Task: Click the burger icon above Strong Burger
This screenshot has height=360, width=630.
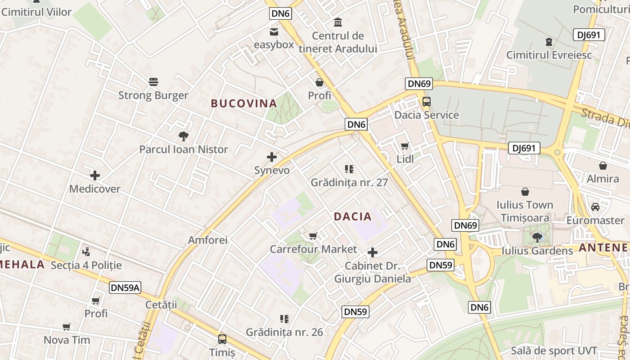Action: (x=153, y=82)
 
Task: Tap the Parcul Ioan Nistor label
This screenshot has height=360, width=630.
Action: (x=184, y=149)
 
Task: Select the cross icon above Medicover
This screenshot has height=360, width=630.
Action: (x=95, y=175)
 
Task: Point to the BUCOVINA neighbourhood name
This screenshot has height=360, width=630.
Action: (x=244, y=103)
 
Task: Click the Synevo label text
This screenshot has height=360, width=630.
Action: (x=272, y=171)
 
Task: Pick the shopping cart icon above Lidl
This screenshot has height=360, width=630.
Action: (x=405, y=146)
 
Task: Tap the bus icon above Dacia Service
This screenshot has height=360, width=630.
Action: (x=426, y=102)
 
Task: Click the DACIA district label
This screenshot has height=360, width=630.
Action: (x=353, y=216)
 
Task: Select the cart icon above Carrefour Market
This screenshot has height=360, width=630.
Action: (x=313, y=236)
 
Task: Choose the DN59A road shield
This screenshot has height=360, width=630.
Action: (x=125, y=288)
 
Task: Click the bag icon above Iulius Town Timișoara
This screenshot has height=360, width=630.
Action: (x=525, y=192)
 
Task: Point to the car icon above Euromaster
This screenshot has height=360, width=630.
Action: (x=595, y=207)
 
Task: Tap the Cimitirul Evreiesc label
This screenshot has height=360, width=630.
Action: (x=549, y=55)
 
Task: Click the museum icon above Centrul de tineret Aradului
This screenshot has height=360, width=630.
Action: (x=337, y=22)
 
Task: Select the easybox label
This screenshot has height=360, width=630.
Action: (x=274, y=45)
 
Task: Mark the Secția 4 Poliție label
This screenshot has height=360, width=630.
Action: (x=86, y=265)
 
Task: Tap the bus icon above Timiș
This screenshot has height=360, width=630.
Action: (x=222, y=339)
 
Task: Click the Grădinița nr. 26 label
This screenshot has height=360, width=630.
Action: (x=284, y=332)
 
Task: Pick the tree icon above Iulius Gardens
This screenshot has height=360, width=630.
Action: (x=537, y=237)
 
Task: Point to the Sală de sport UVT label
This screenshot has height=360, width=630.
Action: (x=554, y=351)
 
